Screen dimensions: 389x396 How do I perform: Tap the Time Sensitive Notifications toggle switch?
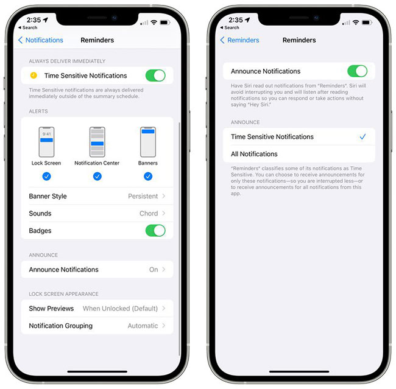[155, 75]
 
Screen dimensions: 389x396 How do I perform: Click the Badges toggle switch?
[155, 231]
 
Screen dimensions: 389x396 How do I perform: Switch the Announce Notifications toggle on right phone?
[357, 71]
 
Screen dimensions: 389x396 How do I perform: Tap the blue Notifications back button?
[41, 40]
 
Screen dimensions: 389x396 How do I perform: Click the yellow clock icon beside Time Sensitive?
[34, 75]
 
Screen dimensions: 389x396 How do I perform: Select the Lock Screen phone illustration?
[46, 142]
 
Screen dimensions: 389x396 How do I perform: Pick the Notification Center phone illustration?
[97, 142]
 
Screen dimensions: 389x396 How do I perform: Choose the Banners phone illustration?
[147, 142]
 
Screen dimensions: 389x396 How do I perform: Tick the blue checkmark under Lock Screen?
[46, 177]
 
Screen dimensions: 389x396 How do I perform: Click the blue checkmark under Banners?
[147, 177]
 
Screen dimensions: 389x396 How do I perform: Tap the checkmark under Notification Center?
[97, 177]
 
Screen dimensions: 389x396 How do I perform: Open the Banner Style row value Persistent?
[143, 196]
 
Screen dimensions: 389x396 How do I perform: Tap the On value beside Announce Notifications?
[154, 270]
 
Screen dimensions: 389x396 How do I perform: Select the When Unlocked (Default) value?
[120, 309]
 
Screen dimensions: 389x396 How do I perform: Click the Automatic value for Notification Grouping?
[143, 326]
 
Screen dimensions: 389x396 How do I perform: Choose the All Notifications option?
[254, 154]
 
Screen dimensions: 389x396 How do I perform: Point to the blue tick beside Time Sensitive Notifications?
[362, 137]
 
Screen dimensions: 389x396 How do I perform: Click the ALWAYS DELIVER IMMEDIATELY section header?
[67, 61]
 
